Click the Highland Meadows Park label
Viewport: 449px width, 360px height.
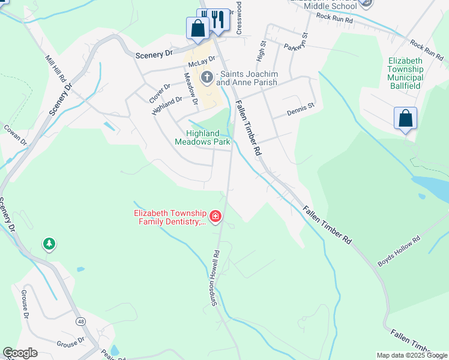[x=202, y=138]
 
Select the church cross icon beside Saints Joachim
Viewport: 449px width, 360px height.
[x=207, y=77]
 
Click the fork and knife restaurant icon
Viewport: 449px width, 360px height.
[x=218, y=19]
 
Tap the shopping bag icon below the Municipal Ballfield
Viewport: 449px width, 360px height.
[x=405, y=118]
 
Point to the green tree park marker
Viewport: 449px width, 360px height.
[x=49, y=244]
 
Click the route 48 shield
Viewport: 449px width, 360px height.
[x=80, y=322]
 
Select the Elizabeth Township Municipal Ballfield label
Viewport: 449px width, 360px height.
[x=414, y=73]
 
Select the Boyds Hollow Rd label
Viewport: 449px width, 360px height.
[x=399, y=251]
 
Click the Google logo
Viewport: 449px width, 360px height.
[x=20, y=353]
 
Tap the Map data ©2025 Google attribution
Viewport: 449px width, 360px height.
[x=412, y=355]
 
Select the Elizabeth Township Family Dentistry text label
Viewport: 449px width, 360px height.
[x=170, y=218]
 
